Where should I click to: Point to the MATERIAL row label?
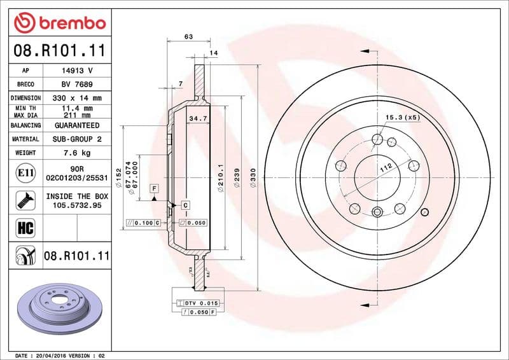25,139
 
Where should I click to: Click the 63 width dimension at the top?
188,37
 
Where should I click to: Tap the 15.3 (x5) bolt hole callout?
403,118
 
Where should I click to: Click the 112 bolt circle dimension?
385,169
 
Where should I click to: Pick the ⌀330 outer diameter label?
253,176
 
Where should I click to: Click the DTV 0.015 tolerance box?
201,303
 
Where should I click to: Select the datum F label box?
153,188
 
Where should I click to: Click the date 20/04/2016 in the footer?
52,355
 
